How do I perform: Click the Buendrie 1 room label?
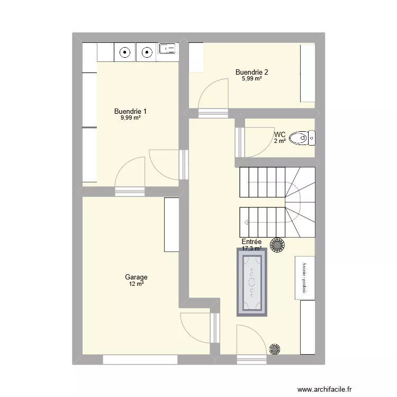(x=130, y=111)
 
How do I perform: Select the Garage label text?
(x=136, y=277)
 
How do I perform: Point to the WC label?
(x=280, y=134)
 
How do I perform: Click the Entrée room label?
(x=252, y=241)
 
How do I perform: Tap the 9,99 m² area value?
(x=130, y=118)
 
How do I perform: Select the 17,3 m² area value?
(x=252, y=248)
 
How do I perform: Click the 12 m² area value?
(x=136, y=284)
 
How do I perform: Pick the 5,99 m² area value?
(x=252, y=79)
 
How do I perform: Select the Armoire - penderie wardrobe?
(x=304, y=277)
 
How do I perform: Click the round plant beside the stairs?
(x=277, y=245)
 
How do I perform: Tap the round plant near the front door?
(x=274, y=349)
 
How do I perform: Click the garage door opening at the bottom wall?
(x=140, y=359)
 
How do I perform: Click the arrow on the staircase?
(x=247, y=222)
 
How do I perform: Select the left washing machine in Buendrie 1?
(x=125, y=52)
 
